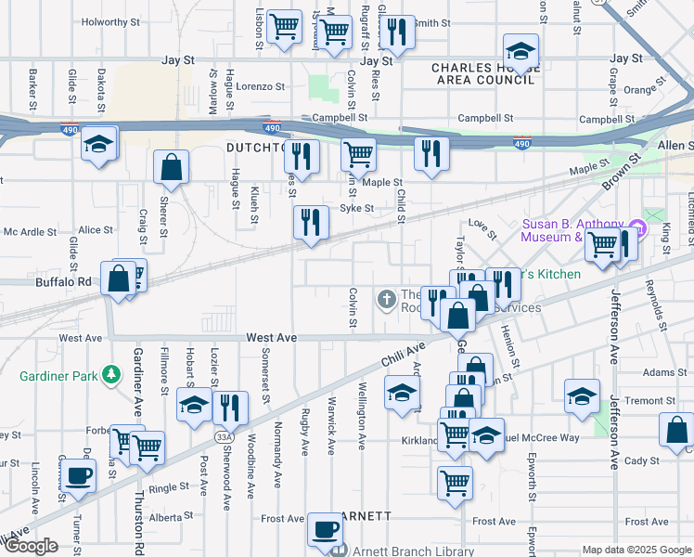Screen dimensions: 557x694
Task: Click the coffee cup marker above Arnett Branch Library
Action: [x=325, y=530]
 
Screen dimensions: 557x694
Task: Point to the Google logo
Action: [x=31, y=546]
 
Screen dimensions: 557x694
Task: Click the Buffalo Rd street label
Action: [x=64, y=281]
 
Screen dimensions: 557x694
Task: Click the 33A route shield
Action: [x=224, y=435]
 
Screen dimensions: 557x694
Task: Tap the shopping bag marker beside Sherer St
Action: [x=172, y=169]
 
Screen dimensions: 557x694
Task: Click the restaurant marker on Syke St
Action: [x=311, y=224]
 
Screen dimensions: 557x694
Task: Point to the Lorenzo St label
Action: [x=259, y=86]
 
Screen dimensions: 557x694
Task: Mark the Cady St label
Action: [x=640, y=460]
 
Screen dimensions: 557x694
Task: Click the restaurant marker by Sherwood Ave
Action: [x=229, y=408]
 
